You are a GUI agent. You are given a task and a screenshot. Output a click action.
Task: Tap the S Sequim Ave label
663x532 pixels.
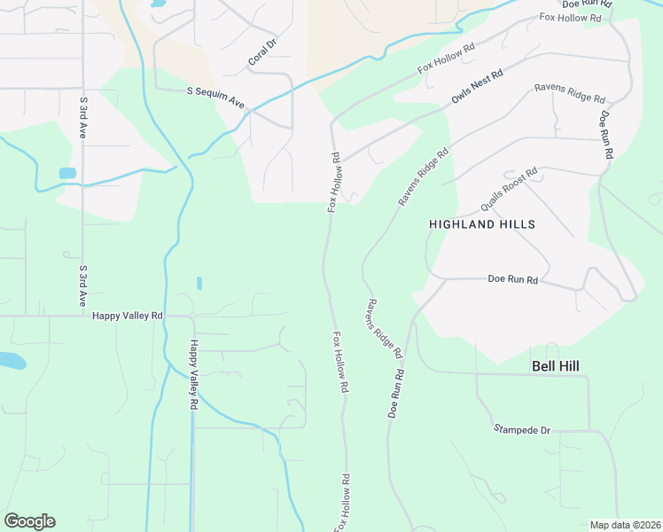[215, 97]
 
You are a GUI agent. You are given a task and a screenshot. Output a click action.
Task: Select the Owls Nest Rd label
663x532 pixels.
[477, 86]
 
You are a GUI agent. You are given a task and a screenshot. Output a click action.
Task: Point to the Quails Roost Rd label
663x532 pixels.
[509, 189]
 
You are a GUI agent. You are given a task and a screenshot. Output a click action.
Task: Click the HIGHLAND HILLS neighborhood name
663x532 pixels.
[482, 224]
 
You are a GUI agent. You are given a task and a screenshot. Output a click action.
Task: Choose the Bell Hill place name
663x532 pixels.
[560, 365]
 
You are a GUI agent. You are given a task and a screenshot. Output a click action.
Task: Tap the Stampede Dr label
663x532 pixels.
[522, 430]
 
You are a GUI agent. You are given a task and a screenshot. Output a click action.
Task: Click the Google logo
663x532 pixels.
[29, 521]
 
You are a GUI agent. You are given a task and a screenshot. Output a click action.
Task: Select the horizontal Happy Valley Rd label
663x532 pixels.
[128, 315]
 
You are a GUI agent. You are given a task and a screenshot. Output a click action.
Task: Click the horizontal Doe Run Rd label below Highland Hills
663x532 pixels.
[513, 279]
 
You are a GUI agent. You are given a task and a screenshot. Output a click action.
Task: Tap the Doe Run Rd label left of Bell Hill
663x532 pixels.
[396, 394]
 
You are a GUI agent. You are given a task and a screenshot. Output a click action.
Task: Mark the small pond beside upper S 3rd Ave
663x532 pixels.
[67, 173]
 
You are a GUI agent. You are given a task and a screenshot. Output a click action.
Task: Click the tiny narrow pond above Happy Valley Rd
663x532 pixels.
[199, 283]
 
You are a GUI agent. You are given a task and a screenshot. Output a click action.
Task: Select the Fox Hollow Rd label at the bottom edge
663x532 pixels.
[341, 503]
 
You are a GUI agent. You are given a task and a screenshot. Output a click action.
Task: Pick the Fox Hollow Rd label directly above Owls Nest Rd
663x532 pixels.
[447, 59]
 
